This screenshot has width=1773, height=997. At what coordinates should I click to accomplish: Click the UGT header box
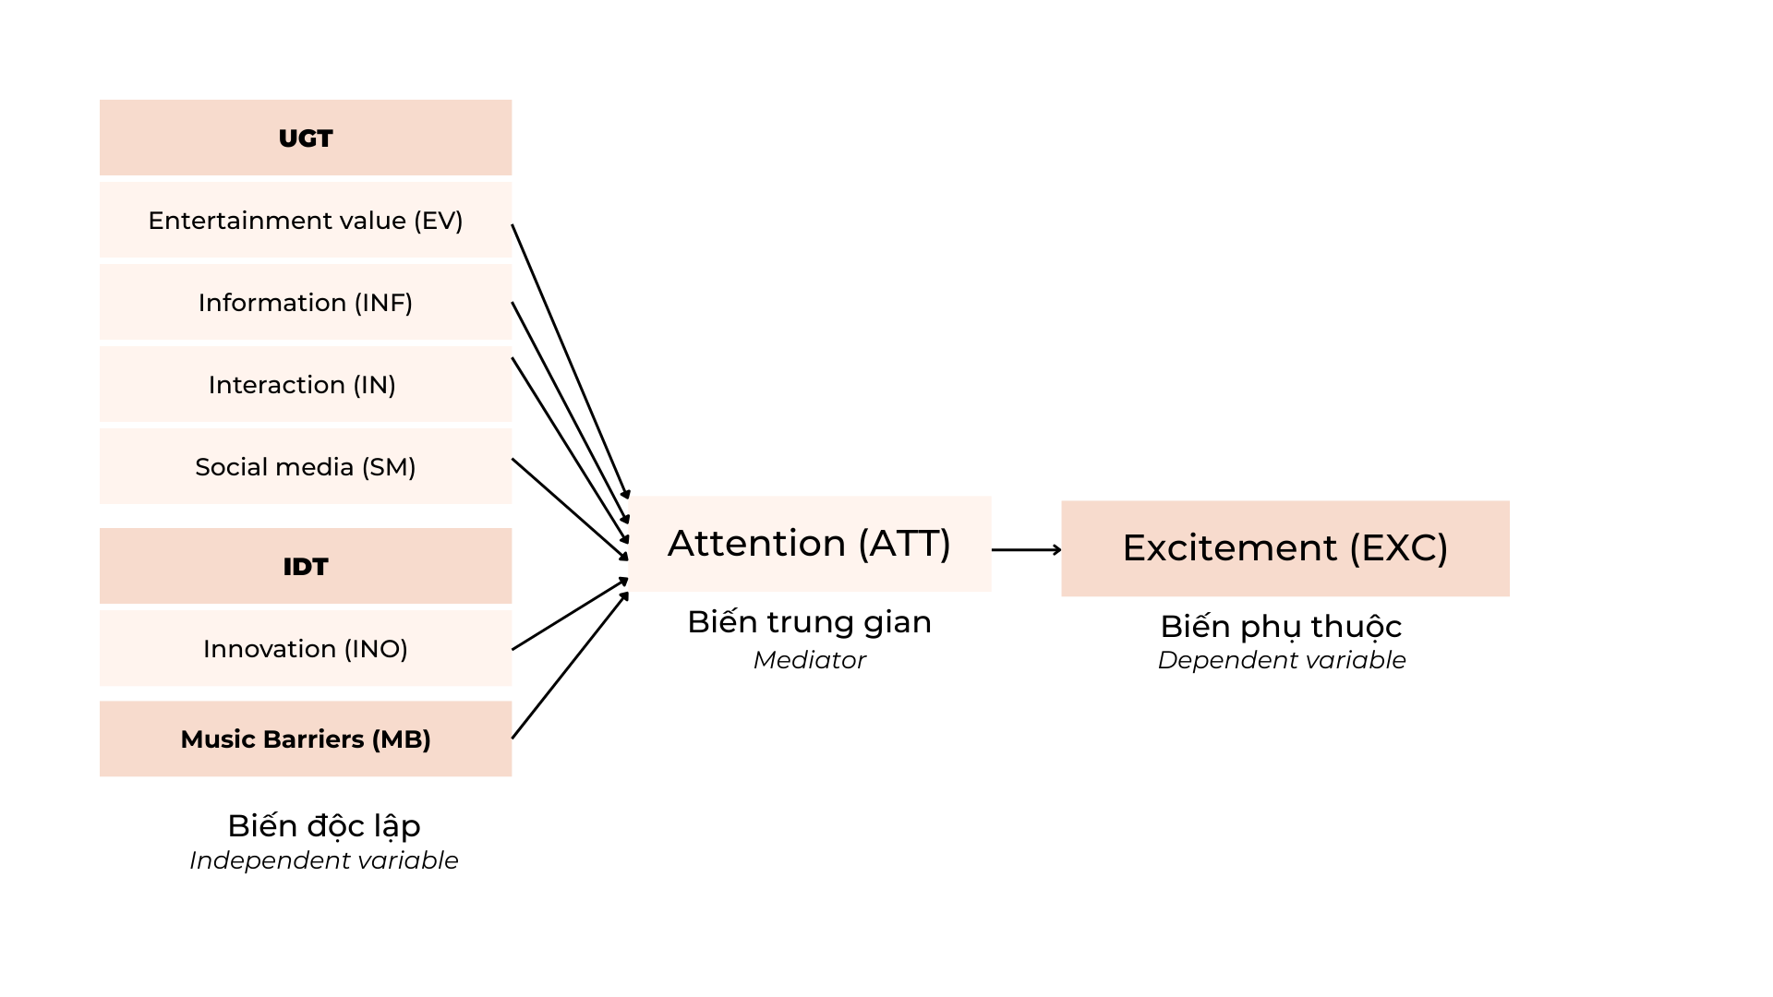[306, 138]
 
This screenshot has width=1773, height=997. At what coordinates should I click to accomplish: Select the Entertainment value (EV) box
[306, 220]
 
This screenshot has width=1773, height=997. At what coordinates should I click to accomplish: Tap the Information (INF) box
[306, 302]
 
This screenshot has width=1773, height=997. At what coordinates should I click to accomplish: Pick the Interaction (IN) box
[306, 384]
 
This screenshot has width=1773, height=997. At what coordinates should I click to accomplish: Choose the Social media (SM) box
[306, 466]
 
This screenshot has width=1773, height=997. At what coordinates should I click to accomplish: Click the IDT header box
[306, 566]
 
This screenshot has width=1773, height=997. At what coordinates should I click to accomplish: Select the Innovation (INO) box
[306, 648]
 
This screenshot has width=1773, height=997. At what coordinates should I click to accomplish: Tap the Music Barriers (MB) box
[306, 739]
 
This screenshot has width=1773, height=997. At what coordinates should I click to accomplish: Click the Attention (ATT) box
[810, 544]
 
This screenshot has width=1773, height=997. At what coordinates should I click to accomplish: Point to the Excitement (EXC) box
[1285, 548]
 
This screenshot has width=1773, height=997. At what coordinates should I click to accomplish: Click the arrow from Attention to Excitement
[1027, 549]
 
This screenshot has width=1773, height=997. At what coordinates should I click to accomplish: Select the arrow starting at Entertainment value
[571, 362]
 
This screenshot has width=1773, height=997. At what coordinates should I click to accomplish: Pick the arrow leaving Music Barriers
[571, 665]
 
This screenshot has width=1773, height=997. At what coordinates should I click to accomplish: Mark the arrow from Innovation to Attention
[571, 614]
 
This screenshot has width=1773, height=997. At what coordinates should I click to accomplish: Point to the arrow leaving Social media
[571, 509]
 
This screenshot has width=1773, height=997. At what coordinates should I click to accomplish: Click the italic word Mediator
[810, 660]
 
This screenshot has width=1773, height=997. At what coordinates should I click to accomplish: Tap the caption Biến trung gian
[810, 623]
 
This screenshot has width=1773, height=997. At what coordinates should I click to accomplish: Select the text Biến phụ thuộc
[1282, 627]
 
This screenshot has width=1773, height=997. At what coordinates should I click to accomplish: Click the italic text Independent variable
[324, 860]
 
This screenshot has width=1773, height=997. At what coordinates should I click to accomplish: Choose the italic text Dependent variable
[1282, 660]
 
